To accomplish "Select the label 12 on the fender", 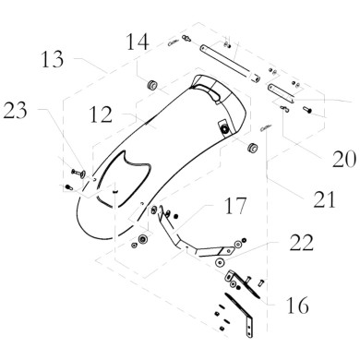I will [102, 116].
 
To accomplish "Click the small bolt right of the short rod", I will [307, 110].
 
